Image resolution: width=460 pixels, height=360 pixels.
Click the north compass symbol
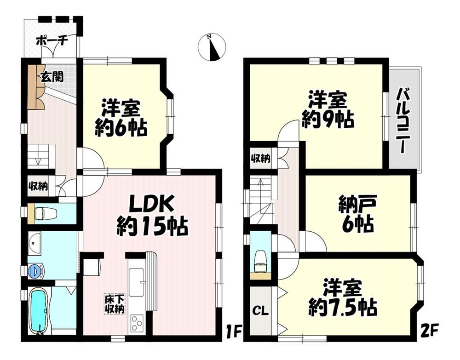pos(212,47)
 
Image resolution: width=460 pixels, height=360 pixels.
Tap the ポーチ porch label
pos(52,41)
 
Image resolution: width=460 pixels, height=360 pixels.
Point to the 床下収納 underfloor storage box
pos(115,304)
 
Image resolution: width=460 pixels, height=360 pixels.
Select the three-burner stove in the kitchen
pos(137,323)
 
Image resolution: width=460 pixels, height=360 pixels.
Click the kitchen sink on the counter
pos(137,282)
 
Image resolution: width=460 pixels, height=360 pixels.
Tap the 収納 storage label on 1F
pos(38,186)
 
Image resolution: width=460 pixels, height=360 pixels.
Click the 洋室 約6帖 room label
pos(121,118)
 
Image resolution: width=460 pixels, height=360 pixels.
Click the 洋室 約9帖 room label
pos(328,110)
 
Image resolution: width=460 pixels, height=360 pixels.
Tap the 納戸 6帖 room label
pos(356,214)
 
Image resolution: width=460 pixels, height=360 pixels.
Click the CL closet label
pos(260,311)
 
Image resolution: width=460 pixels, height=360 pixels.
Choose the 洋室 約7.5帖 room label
pos(342,297)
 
